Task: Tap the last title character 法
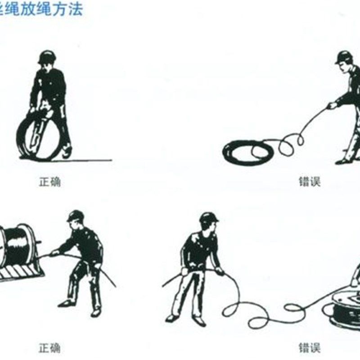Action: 76,9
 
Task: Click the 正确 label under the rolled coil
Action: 49,182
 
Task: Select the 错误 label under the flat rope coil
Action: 310,182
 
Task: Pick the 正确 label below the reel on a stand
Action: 49,347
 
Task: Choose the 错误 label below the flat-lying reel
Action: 310,347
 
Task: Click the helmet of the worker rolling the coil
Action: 47,57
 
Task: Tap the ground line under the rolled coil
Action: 90,160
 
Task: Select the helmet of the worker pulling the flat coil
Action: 344,57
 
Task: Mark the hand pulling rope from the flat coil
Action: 332,106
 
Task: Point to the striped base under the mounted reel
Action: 20,272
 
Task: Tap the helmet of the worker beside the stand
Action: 75,216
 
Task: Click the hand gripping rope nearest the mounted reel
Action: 54,253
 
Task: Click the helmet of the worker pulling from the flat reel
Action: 208,218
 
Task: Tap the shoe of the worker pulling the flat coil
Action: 344,161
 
